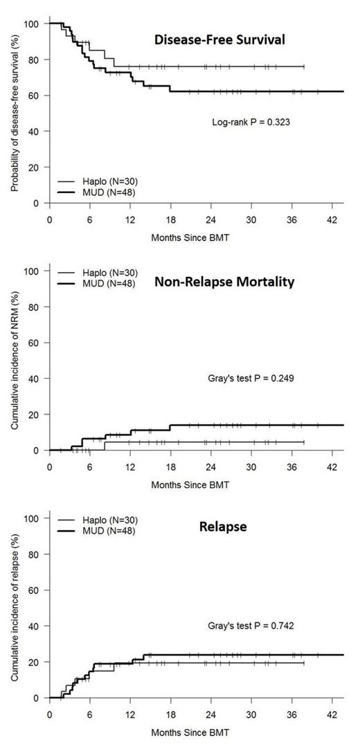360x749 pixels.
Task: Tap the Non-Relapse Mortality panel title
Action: click(224, 282)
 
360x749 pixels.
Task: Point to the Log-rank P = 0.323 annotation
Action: click(251, 122)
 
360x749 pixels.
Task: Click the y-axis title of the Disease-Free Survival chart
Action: click(14, 114)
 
